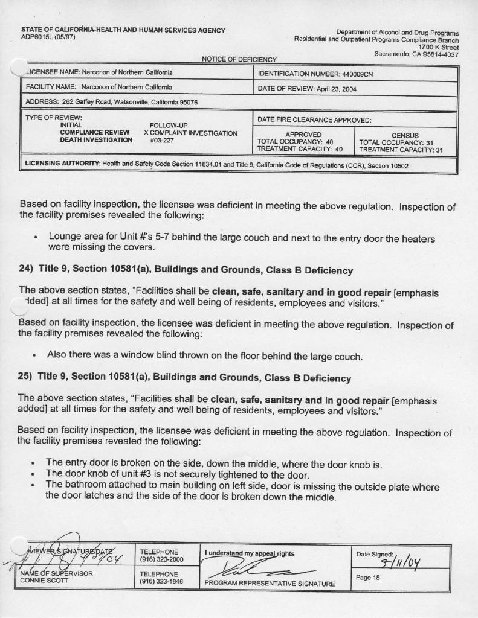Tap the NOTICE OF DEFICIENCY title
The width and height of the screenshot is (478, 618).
coord(239,59)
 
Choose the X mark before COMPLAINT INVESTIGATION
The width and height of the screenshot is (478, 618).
coord(146,133)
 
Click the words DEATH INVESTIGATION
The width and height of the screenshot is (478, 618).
coord(96,140)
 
